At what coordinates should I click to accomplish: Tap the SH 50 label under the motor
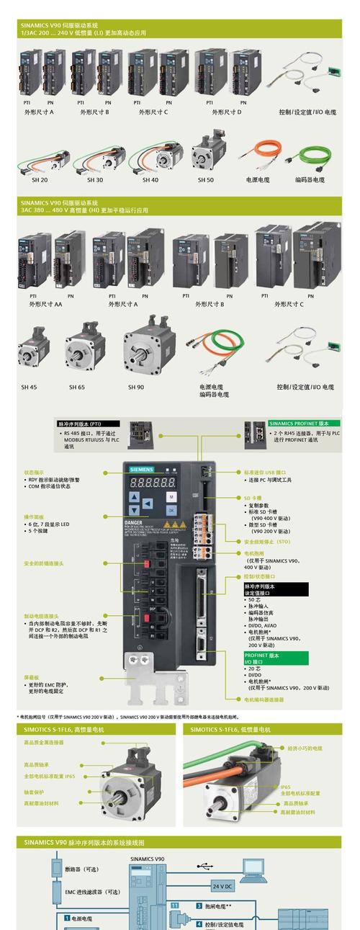[206, 179]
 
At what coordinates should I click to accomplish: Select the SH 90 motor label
[136, 387]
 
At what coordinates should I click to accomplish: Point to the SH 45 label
[29, 387]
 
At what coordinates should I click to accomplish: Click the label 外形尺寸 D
[227, 112]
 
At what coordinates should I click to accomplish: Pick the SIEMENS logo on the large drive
[142, 470]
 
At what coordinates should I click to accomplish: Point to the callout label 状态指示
[34, 472]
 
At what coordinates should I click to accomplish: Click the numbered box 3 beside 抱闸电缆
[199, 906]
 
